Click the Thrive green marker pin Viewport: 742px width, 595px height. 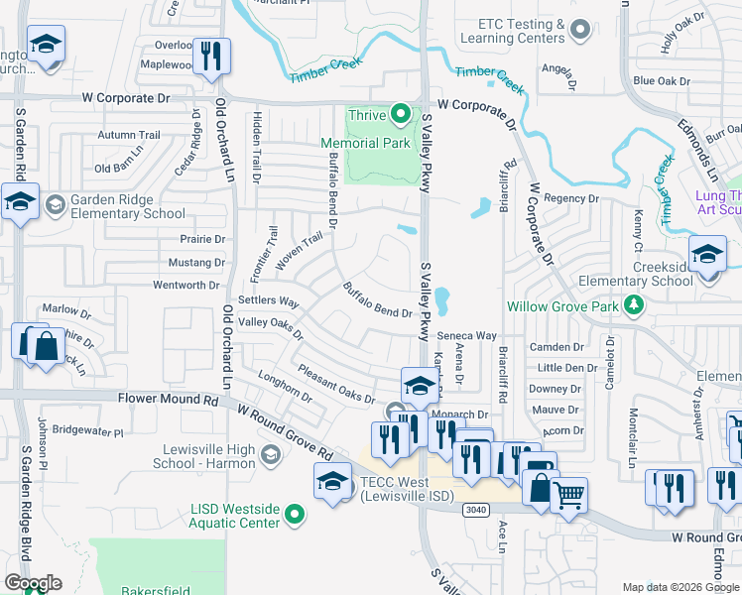pyautogui.click(x=401, y=115)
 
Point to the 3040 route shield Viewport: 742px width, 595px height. pyautogui.click(x=474, y=509)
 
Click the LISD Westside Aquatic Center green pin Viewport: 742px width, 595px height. pyautogui.click(x=294, y=515)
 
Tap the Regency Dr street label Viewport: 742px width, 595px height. pyautogui.click(x=572, y=198)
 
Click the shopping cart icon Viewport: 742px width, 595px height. pyautogui.click(x=567, y=494)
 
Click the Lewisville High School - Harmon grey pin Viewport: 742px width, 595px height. pyautogui.click(x=269, y=455)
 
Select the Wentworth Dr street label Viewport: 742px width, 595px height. pyautogui.click(x=185, y=286)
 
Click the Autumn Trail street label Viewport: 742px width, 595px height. pyautogui.click(x=129, y=135)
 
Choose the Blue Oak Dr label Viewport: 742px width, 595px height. pyautogui.click(x=660, y=81)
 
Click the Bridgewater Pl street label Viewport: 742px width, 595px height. pyautogui.click(x=87, y=431)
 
